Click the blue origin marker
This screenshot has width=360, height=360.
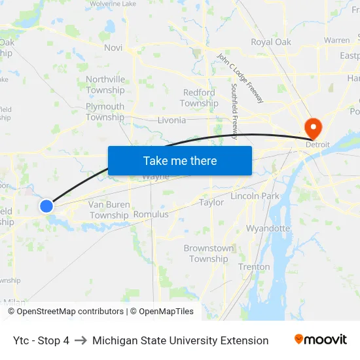46,206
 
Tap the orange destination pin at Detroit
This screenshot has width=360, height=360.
313,127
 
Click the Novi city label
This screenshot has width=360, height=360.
113,48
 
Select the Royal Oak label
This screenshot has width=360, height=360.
271,42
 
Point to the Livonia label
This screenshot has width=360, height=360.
171,120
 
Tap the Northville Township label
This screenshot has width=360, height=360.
105,85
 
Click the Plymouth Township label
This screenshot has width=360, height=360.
105,112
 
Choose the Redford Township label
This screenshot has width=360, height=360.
199,98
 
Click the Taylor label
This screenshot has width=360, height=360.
211,203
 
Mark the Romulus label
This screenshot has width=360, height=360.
151,214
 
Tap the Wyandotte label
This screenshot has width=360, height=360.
268,228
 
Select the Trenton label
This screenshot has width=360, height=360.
254,267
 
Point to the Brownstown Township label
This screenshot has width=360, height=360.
209,253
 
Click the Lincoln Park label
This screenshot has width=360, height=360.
255,196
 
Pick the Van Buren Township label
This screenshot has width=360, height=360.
109,210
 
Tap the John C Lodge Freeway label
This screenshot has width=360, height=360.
240,77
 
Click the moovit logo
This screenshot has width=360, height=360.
320,340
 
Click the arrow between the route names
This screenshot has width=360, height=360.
81,340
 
